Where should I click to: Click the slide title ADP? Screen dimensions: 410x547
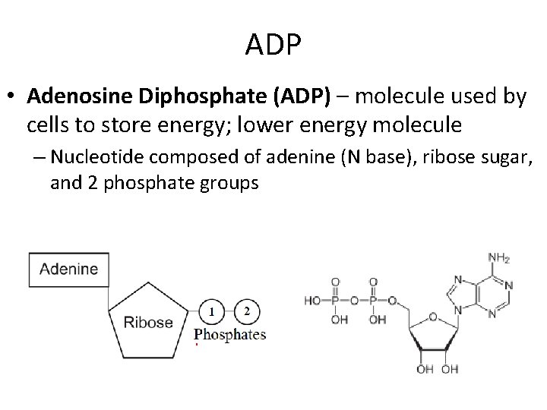point(273,46)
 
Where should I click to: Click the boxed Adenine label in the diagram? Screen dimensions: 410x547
point(68,269)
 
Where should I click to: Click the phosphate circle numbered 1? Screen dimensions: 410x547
point(212,311)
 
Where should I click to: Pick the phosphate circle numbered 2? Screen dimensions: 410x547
point(246,311)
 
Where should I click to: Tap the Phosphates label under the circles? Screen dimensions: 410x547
point(230,334)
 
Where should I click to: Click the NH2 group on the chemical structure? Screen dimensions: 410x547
point(500,258)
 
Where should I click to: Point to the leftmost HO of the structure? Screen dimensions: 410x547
point(312,301)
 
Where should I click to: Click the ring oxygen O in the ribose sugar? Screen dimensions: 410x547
point(432,317)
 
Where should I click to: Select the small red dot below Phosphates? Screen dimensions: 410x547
point(197,345)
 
